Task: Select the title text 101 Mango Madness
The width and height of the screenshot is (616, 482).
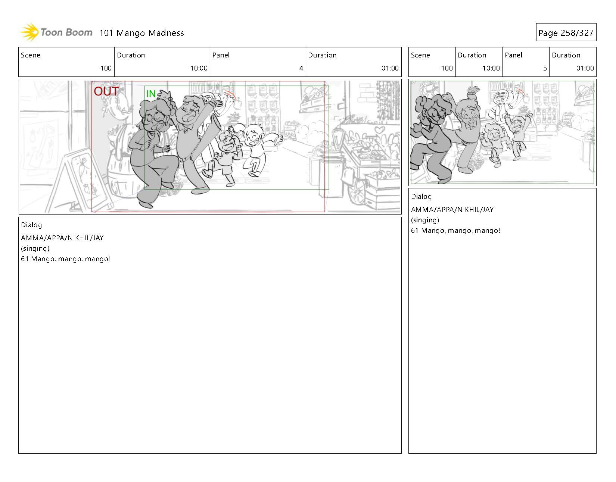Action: pos(142,33)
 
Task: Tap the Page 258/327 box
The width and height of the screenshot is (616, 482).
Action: pos(566,32)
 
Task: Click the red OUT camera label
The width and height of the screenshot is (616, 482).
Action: pos(106,91)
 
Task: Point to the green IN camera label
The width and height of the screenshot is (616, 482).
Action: pos(151,94)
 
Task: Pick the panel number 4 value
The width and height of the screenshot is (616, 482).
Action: pos(301,68)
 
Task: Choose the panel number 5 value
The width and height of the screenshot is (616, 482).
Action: pos(545,68)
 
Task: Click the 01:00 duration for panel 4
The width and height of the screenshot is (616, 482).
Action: pos(390,68)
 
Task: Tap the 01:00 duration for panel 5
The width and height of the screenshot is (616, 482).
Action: pos(585,68)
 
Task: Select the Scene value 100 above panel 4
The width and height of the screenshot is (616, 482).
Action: pos(106,68)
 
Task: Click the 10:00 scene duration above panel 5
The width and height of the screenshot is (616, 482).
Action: pos(491,68)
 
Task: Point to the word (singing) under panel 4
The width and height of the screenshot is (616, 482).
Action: pos(35,248)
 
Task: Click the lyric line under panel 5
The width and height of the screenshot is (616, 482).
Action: pos(455,231)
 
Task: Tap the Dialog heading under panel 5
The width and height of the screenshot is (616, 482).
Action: pos(421,197)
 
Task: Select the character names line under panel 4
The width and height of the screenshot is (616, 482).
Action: pos(62,238)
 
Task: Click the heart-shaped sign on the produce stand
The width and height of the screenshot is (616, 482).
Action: pos(380,130)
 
